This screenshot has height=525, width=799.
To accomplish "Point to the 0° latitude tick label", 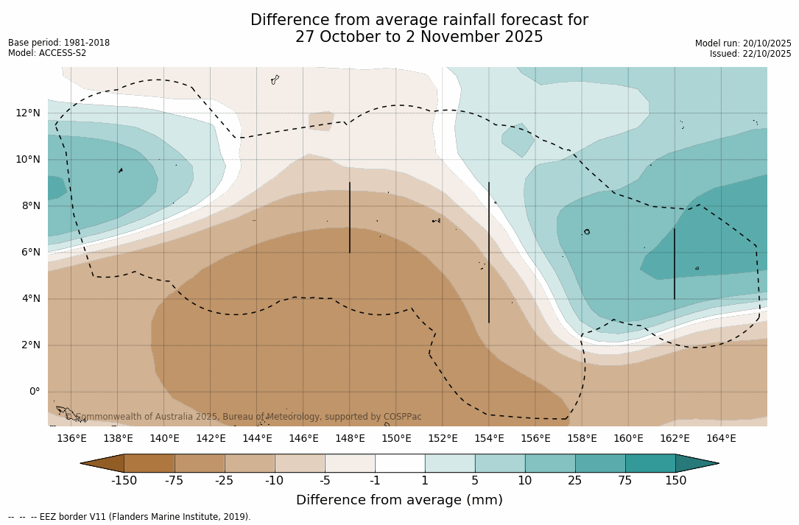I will (x=34, y=391).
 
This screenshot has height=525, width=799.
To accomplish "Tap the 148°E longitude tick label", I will (x=350, y=439).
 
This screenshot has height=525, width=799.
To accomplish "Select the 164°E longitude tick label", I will (x=721, y=439).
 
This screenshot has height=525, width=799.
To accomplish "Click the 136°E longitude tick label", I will (x=71, y=439).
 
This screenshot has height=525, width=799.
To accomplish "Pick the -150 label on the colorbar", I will (x=124, y=481).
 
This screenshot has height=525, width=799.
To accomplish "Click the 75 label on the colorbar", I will (x=625, y=481).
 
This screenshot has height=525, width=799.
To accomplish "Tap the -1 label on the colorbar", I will (x=375, y=481).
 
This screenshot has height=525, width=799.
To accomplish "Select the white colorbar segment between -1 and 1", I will (x=400, y=463).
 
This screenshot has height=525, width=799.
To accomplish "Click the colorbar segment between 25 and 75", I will (x=600, y=463).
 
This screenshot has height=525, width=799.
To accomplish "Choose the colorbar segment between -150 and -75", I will (x=149, y=463).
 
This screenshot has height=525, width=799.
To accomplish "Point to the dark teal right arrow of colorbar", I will (x=696, y=463).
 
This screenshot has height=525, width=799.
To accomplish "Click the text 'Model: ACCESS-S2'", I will (x=47, y=53).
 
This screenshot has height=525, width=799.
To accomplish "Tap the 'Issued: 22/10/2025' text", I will (x=750, y=54).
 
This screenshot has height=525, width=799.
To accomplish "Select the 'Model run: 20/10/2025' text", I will (x=743, y=43).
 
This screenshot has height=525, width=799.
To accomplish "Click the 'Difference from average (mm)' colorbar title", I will (x=399, y=501).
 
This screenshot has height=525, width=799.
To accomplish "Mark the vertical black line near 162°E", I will (x=675, y=264).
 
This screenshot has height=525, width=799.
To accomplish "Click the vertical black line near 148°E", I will (x=350, y=217).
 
